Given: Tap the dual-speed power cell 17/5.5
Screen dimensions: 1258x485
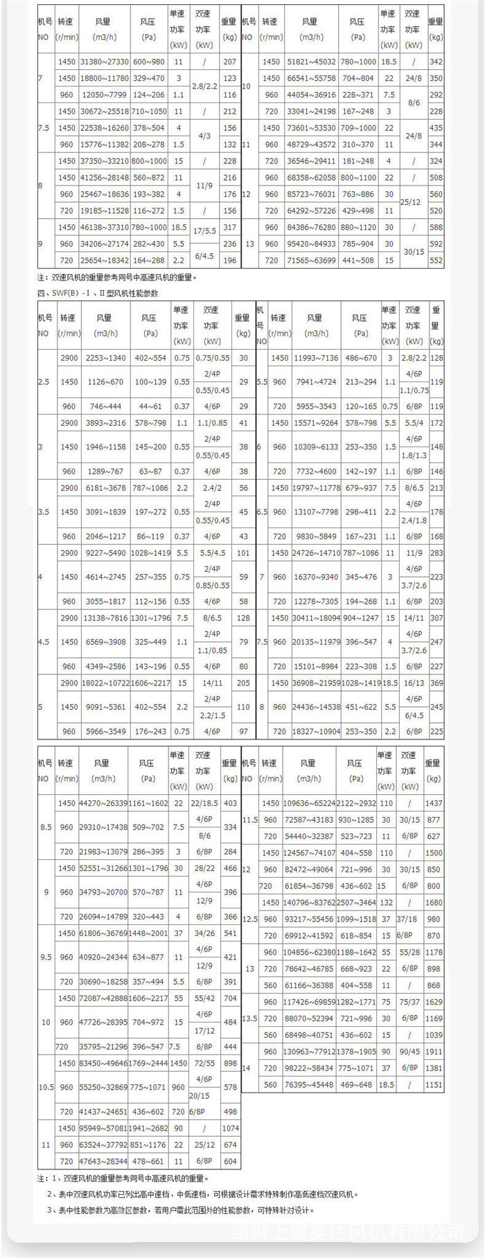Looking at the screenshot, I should [x=204, y=227].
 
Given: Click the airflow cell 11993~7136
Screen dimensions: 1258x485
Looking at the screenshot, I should [x=316, y=358].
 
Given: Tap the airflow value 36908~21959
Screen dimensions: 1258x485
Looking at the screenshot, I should [x=316, y=683].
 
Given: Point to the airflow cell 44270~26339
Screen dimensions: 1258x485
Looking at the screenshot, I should [x=103, y=804].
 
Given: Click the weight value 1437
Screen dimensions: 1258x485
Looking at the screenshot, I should [x=434, y=804].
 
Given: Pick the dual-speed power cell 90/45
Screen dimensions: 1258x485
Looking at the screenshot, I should [x=409, y=1052].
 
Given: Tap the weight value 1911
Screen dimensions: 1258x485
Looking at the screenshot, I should [x=434, y=1052].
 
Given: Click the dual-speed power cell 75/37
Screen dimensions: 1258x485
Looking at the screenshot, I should [x=409, y=1002].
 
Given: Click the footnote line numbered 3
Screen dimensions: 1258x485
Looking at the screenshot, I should [x=181, y=1210].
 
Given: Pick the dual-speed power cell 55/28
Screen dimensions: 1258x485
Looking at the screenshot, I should [x=409, y=952].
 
